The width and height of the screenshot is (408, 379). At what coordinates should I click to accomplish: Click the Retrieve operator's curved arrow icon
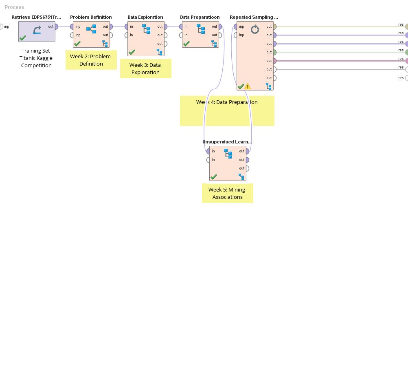click(x=37, y=30)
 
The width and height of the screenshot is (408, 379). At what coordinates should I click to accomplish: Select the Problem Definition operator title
click(x=91, y=17)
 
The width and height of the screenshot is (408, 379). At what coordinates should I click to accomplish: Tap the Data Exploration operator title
click(x=145, y=17)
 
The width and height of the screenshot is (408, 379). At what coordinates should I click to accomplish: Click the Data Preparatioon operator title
click(x=200, y=17)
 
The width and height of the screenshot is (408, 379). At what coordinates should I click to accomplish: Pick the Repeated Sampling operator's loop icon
click(x=255, y=29)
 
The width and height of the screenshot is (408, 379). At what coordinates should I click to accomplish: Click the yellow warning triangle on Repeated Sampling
click(x=248, y=86)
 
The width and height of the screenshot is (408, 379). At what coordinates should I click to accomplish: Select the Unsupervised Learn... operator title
click(x=227, y=142)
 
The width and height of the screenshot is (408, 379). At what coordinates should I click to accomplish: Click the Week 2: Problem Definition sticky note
click(x=91, y=60)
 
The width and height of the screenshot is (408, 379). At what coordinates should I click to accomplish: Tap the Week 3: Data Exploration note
click(x=145, y=68)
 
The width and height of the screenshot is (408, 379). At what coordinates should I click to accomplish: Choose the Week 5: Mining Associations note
click(x=227, y=193)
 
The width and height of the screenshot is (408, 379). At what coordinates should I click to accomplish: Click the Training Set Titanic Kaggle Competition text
click(x=36, y=58)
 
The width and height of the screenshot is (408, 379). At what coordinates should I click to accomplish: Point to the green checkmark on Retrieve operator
click(x=23, y=38)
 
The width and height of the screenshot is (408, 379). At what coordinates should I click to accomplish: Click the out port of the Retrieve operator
click(x=56, y=26)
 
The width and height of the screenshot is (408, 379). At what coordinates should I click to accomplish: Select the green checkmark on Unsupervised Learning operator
click(x=214, y=177)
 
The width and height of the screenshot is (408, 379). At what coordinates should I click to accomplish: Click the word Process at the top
click(x=14, y=7)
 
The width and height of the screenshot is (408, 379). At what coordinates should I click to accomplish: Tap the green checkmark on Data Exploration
click(x=132, y=52)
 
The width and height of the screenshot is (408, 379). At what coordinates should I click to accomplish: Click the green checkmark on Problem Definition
click(x=77, y=44)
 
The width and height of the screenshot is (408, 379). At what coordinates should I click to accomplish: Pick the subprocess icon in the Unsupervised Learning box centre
click(x=228, y=153)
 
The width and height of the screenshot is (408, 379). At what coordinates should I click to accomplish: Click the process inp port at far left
click(x=1, y=26)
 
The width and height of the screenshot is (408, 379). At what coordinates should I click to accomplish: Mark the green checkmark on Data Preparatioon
click(x=186, y=44)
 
